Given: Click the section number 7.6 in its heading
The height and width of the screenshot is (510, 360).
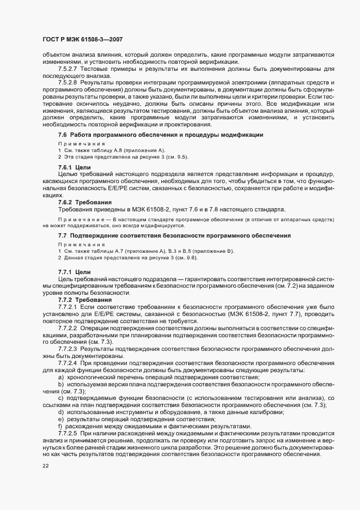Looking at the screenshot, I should (62, 135).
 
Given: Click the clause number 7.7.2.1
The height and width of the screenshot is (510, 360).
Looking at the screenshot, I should (68, 307).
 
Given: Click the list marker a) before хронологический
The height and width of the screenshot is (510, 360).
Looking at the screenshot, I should (60, 377).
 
